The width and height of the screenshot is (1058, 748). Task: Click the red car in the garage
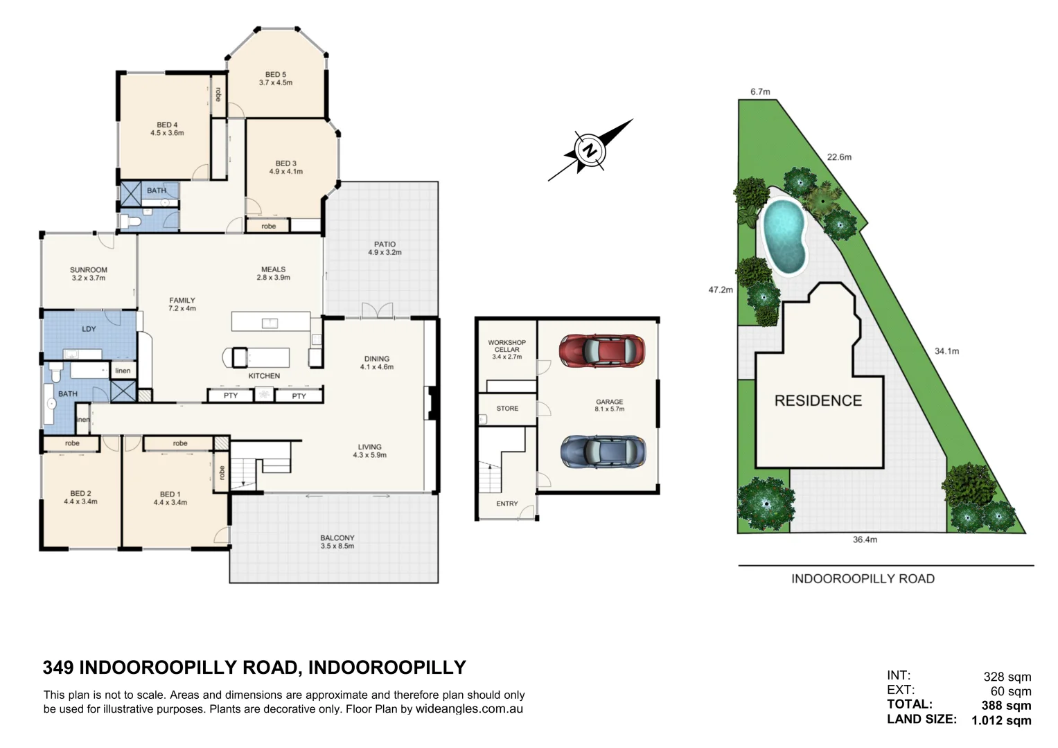coord(601,350)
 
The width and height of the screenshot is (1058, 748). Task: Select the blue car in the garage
coord(603,452)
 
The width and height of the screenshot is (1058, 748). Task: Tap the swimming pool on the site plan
coord(784,237)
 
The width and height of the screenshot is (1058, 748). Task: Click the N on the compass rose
coord(590,150)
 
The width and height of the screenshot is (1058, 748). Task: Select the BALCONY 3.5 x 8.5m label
coord(337,542)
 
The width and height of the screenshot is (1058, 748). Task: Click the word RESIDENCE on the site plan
coord(818,400)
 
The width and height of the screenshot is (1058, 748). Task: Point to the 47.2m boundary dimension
coord(721,290)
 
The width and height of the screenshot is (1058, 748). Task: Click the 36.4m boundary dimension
coord(865,540)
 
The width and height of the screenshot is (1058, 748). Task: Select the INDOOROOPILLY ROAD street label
coord(863,578)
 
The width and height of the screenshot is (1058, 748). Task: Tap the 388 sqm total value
coord(1006,705)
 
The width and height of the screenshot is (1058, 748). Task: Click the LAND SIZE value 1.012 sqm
coord(1001,720)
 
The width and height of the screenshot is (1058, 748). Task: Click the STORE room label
coord(507,408)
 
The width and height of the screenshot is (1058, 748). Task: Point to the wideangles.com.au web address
coord(469,709)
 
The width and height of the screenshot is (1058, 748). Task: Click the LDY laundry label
coord(89,329)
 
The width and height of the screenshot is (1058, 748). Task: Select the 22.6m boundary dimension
coord(839,157)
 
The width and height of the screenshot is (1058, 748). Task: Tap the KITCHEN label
coord(264,376)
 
